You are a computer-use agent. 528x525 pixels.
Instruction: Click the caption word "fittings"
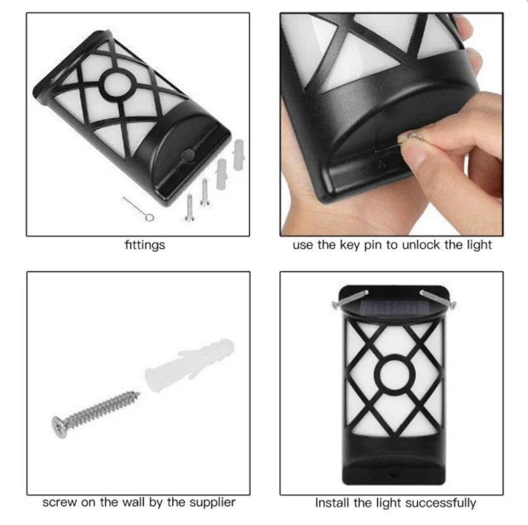[144, 245]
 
